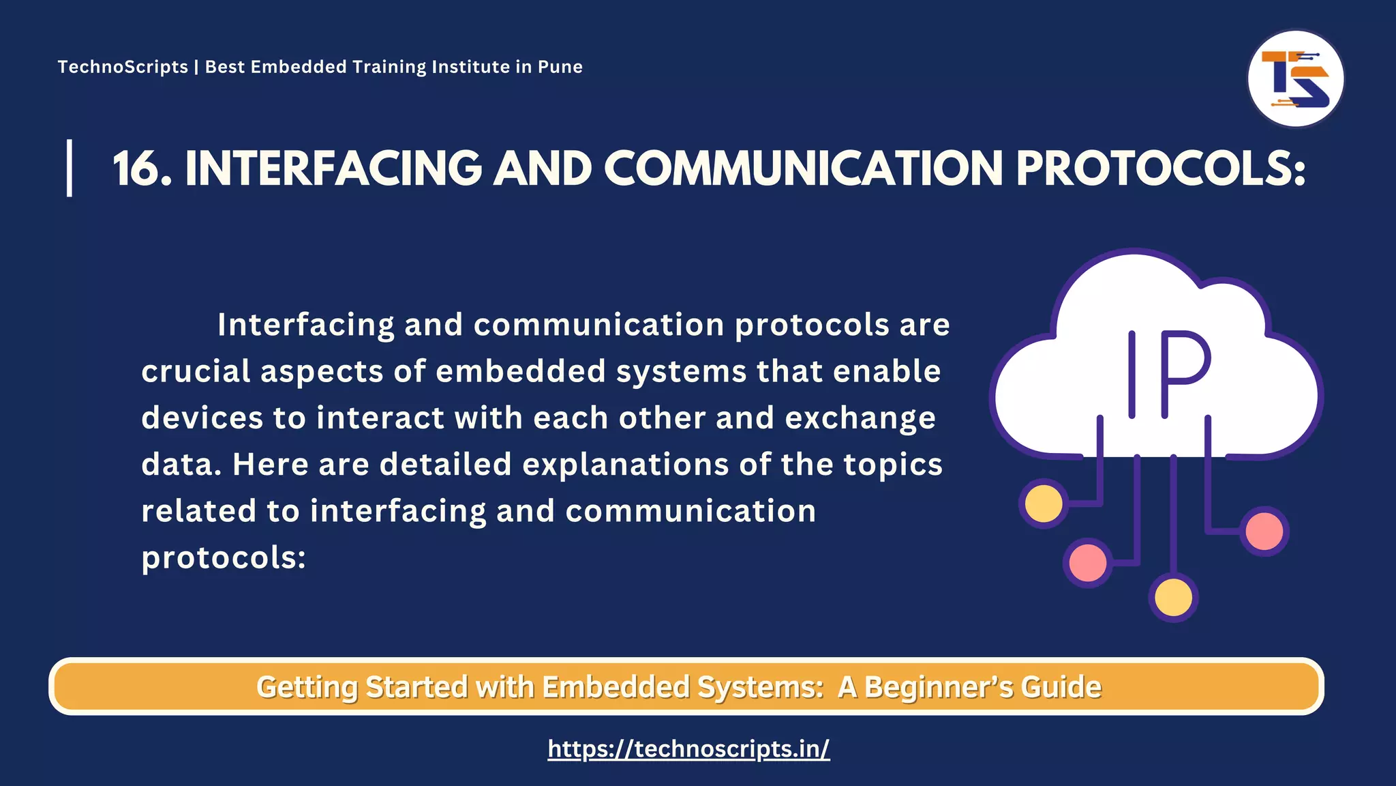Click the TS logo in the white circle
pos(1295,79)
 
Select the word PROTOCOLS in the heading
pos(1160,169)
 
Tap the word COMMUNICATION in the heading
pos(804,169)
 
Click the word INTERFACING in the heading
pos(333,169)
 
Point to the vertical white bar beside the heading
pos(70,168)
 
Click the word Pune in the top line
pos(560,67)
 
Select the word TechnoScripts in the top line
pos(123,67)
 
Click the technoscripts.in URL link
pos(688,748)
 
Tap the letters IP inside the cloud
pos(1167,374)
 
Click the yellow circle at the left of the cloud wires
pos(1044,504)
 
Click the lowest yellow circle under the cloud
pos(1173,598)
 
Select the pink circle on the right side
pos(1264,531)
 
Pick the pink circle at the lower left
pos(1088,563)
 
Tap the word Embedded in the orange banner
pos(616,686)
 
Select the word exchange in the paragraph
pos(860,418)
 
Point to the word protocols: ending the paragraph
pos(224,558)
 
